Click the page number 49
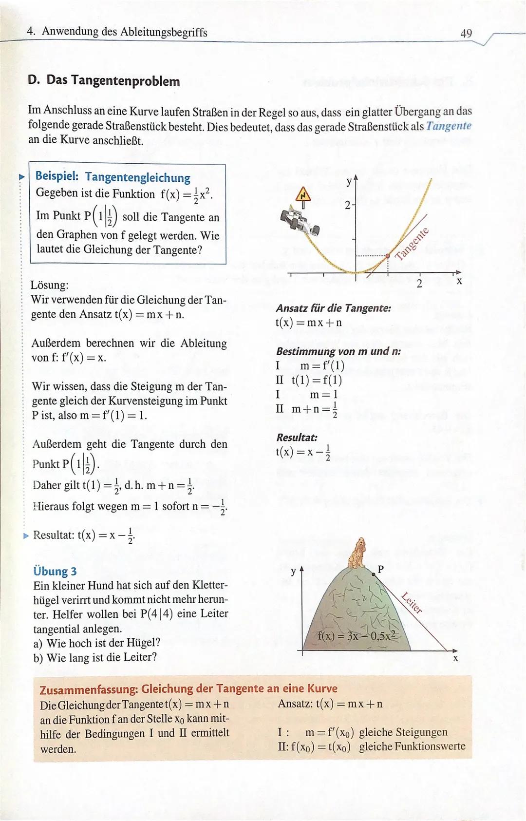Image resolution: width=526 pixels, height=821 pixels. click(x=466, y=33)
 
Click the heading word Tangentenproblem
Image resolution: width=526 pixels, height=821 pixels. click(x=125, y=81)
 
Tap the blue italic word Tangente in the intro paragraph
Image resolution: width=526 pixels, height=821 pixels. click(x=448, y=126)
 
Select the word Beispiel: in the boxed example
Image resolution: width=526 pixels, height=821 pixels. click(x=57, y=177)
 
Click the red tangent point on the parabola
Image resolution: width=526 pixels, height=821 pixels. click(x=388, y=255)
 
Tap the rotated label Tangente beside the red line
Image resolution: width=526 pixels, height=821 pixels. click(x=412, y=244)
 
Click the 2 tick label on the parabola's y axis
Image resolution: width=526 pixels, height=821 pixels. click(x=347, y=205)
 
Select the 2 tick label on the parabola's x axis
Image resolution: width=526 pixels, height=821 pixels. click(x=419, y=284)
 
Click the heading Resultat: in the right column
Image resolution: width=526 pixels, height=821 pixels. click(x=297, y=437)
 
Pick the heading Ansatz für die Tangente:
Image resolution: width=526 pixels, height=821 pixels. click(x=334, y=308)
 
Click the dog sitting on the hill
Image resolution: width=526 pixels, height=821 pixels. click(x=358, y=553)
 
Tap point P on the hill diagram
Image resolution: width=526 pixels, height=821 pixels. click(x=374, y=575)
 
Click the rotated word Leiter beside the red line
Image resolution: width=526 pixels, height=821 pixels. click(x=412, y=602)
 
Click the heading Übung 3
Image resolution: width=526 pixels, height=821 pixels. click(x=55, y=571)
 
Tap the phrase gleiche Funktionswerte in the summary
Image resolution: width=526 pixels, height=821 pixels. click(x=412, y=746)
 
